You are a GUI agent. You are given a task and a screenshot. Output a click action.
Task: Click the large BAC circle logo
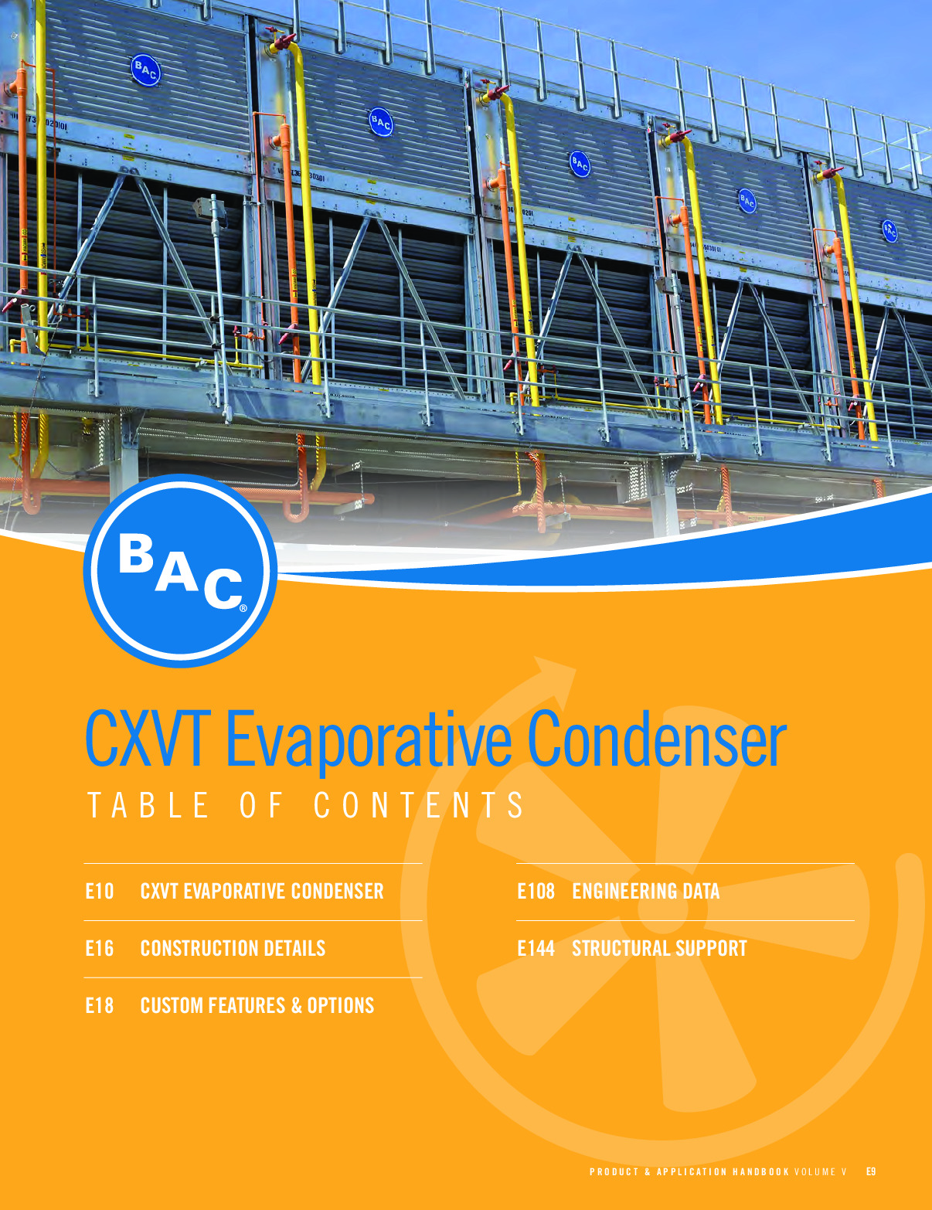(180, 571)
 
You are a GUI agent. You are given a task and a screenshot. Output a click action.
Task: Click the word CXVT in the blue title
(145, 739)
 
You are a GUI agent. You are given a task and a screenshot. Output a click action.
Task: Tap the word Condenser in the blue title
(657, 738)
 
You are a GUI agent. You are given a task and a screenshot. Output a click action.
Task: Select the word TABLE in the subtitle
(148, 805)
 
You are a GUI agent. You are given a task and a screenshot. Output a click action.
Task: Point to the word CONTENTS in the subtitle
(419, 805)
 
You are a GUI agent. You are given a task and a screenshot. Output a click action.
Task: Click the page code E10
(100, 891)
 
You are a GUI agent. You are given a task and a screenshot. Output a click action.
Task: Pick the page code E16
(100, 948)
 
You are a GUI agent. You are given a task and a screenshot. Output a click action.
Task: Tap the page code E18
(100, 1006)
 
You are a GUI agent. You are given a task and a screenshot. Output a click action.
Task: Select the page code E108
(536, 891)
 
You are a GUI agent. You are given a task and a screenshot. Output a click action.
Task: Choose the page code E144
(536, 948)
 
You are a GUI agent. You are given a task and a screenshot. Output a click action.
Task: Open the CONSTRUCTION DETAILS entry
(233, 948)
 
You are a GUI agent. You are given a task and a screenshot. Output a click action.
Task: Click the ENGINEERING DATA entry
(646, 891)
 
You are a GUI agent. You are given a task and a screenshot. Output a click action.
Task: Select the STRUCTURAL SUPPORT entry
(660, 948)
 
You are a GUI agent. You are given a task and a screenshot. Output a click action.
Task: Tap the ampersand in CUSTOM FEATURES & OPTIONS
(297, 1006)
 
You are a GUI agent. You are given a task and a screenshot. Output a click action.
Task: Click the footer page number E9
(871, 1171)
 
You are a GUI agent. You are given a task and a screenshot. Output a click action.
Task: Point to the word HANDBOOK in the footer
(761, 1171)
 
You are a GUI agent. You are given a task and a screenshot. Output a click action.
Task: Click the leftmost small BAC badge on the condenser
(145, 70)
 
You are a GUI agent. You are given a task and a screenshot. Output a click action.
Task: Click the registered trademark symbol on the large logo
(243, 609)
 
